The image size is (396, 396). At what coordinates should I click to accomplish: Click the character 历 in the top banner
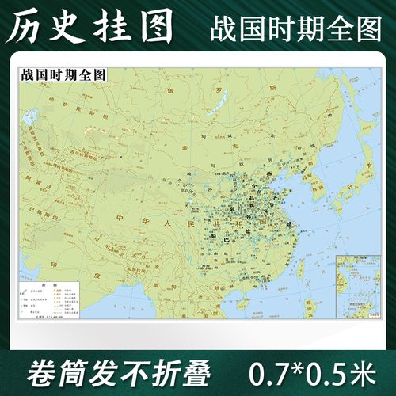[25, 27]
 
